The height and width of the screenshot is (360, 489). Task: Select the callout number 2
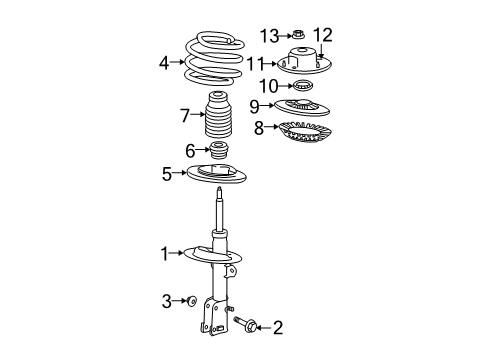(x=278, y=326)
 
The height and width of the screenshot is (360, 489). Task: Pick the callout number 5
(x=167, y=174)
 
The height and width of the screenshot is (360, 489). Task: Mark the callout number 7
(x=184, y=117)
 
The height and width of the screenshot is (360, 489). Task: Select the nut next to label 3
(x=190, y=300)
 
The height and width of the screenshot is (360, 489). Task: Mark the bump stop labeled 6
(x=217, y=153)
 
